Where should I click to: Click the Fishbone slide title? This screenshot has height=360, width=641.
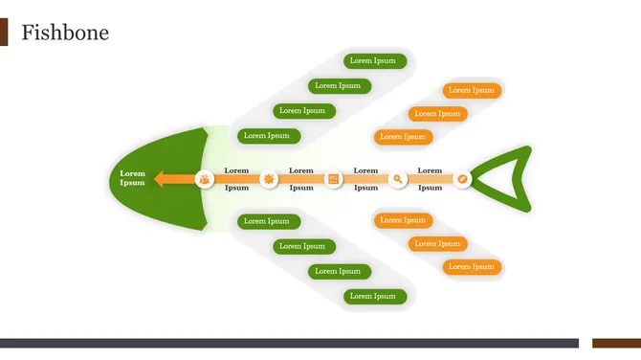65,34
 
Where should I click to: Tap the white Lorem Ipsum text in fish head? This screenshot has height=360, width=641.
132,178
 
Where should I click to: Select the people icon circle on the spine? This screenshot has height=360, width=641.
205,179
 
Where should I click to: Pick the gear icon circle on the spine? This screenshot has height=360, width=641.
269,179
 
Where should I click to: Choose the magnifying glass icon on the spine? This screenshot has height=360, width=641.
398,179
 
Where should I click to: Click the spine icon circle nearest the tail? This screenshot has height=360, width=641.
462,179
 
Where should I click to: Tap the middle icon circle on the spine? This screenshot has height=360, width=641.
333,179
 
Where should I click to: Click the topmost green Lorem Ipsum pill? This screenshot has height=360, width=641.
375,61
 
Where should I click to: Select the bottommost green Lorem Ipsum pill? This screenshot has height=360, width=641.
375,297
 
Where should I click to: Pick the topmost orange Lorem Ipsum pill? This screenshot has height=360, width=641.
472,91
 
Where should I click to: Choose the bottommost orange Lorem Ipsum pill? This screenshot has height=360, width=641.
472,267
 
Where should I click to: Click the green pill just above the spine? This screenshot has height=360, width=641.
269,136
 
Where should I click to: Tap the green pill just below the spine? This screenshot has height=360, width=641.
269,221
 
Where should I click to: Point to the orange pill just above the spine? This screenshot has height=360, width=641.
403,137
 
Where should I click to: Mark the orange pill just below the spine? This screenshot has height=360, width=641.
403,221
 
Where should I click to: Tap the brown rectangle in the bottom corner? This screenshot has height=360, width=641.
616,343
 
